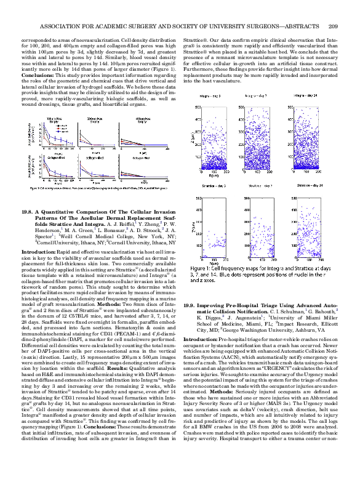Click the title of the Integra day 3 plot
click(213, 96)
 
